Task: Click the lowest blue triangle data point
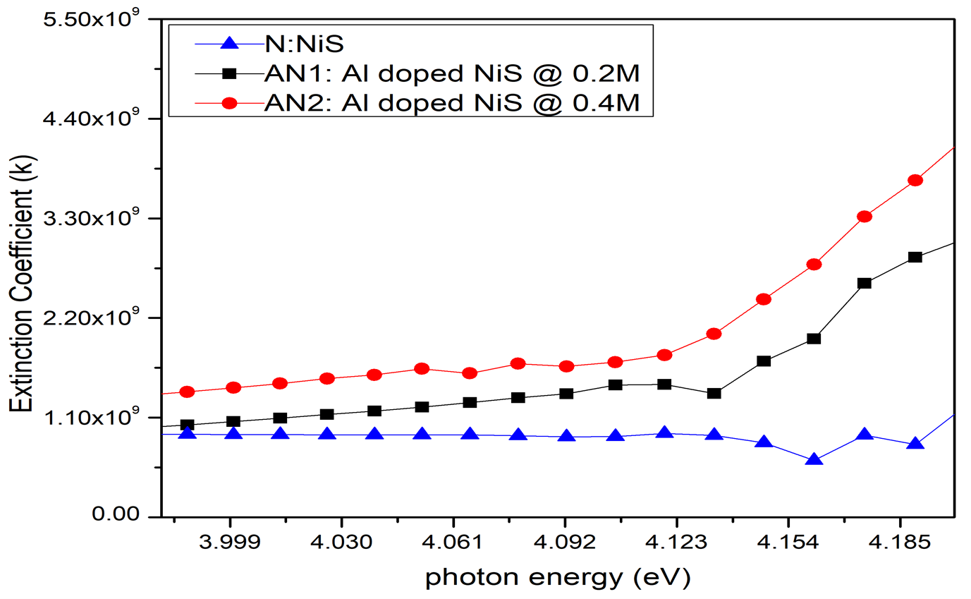tap(814, 460)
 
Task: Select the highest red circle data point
tap(915, 180)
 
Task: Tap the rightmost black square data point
tap(915, 257)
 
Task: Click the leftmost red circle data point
tap(187, 392)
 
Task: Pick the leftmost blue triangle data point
tap(187, 433)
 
